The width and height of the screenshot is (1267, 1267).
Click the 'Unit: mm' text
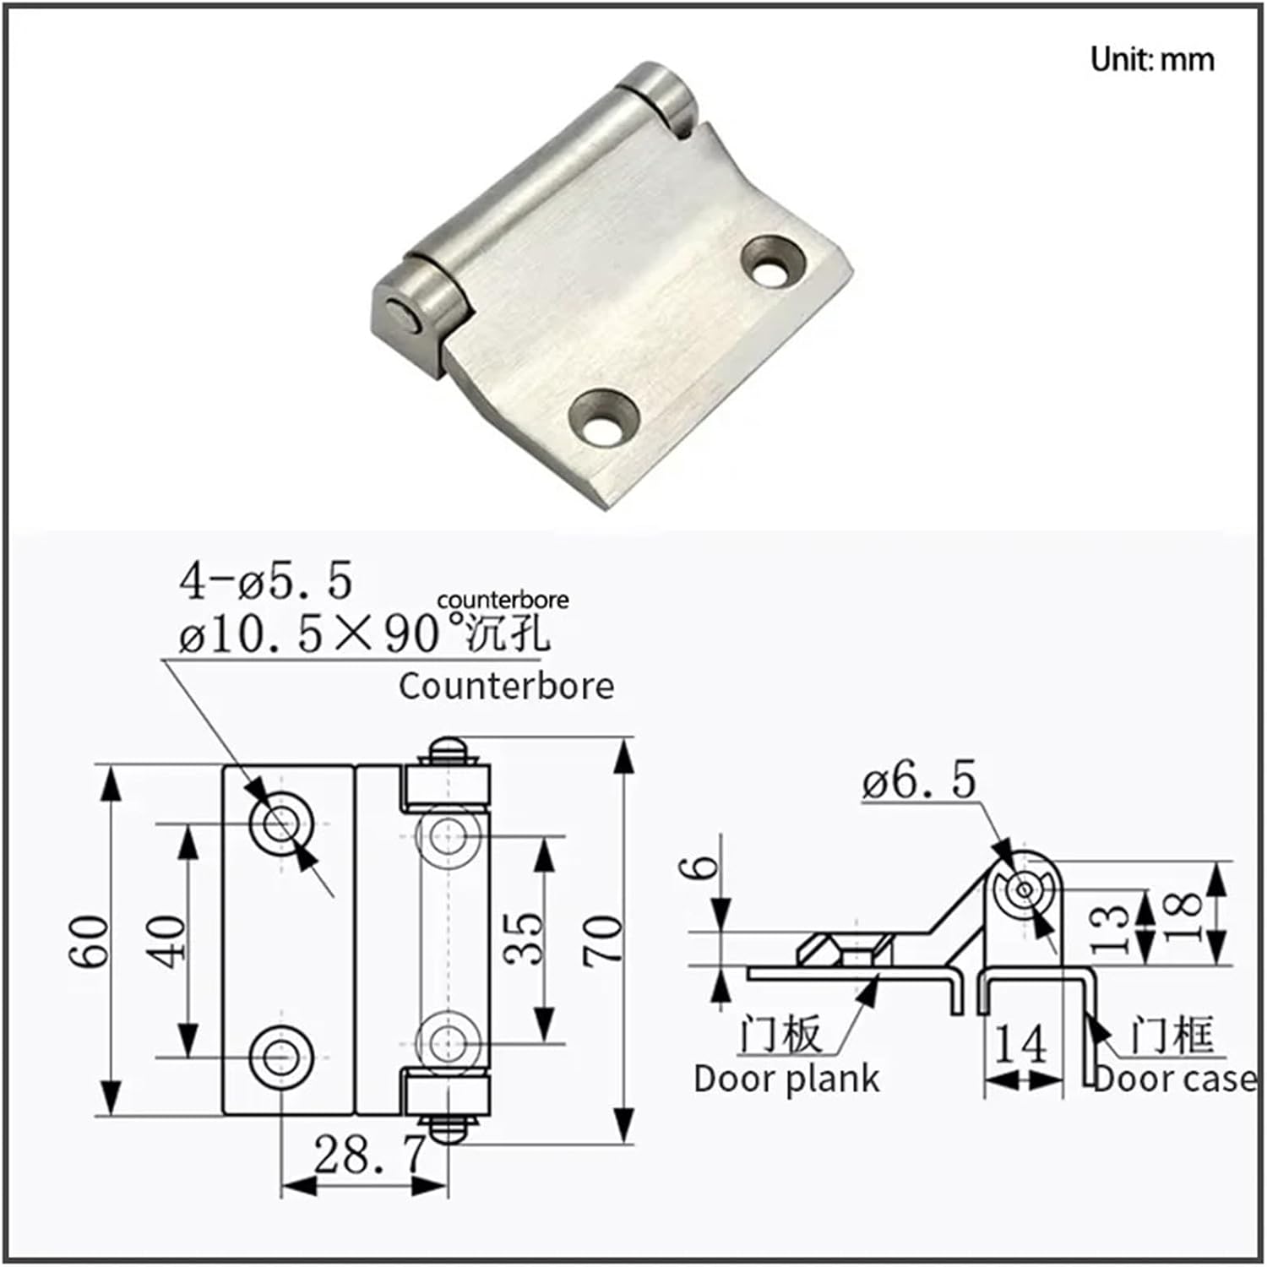(1151, 59)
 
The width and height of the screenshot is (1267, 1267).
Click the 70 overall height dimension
(603, 940)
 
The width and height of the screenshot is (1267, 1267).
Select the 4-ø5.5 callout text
(265, 580)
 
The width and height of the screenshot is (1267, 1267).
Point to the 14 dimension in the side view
(1020, 1045)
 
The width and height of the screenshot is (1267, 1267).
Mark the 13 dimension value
(1111, 927)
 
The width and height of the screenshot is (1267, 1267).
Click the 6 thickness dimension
(703, 867)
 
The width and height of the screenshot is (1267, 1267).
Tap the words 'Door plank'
(786, 1079)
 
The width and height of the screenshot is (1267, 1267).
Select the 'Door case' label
(1174, 1079)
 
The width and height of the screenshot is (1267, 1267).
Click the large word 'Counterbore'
(506, 686)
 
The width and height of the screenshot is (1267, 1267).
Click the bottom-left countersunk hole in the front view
(282, 1056)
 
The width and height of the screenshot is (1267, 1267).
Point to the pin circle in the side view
(1024, 889)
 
